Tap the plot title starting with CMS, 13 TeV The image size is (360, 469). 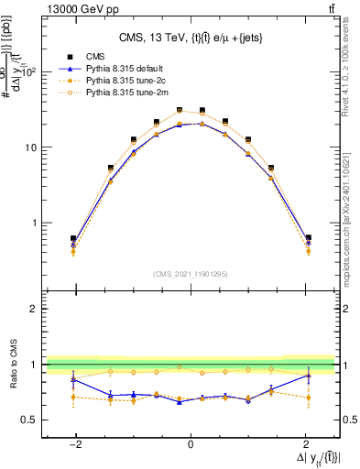(191, 38)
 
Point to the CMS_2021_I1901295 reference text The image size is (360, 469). (190, 274)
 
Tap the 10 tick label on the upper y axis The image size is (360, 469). (31, 147)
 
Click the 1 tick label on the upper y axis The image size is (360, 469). (35, 223)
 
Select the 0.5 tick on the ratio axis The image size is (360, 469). (29, 420)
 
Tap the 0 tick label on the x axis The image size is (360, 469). (191, 442)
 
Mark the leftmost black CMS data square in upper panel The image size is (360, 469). (73, 238)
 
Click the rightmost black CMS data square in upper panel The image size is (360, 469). (308, 238)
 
